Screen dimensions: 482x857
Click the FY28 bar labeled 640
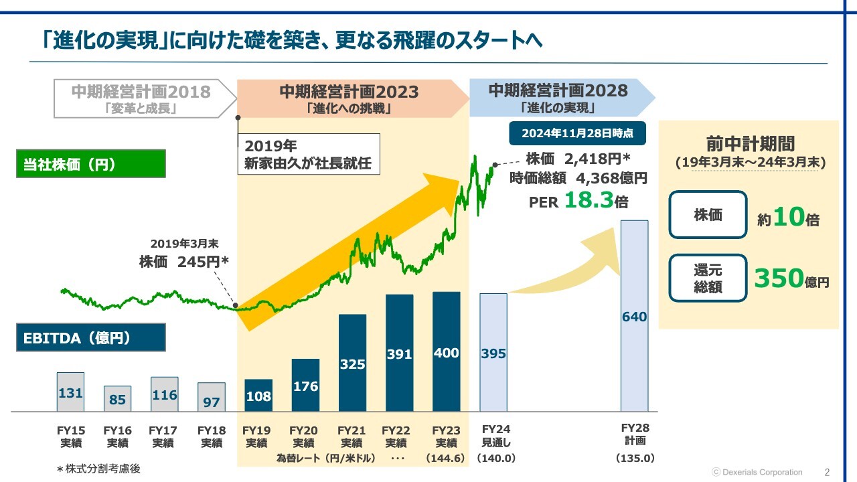[x=634, y=315]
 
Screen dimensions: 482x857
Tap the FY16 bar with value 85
[x=117, y=399]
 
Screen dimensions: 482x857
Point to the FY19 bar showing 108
[x=258, y=395]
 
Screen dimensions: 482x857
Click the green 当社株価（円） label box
[x=90, y=165]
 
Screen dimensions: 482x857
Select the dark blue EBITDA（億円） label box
[x=90, y=338]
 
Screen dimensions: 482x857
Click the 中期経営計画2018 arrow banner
[x=143, y=98]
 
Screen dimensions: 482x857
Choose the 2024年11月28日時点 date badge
[x=577, y=133]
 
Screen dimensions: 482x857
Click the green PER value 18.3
[x=589, y=200]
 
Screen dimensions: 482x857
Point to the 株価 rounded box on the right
[x=708, y=215]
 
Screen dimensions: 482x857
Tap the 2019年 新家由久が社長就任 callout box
[x=309, y=154]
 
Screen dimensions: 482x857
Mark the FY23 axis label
[x=447, y=436]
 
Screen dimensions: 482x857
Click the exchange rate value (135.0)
[x=635, y=459]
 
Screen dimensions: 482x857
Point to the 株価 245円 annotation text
[x=184, y=262]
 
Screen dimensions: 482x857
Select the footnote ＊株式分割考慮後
[x=98, y=469]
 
